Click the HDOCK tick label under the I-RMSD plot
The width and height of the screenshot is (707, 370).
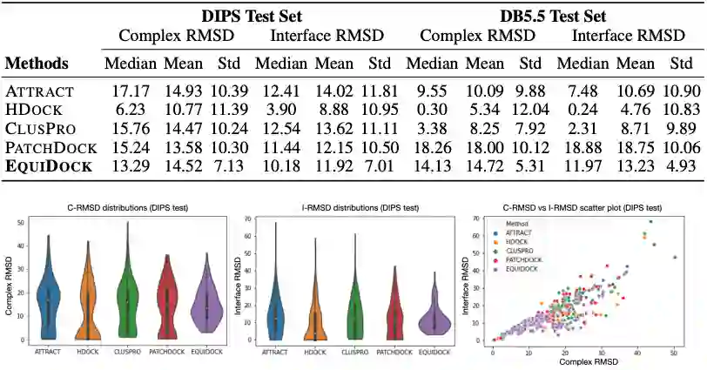coord(315,351)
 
